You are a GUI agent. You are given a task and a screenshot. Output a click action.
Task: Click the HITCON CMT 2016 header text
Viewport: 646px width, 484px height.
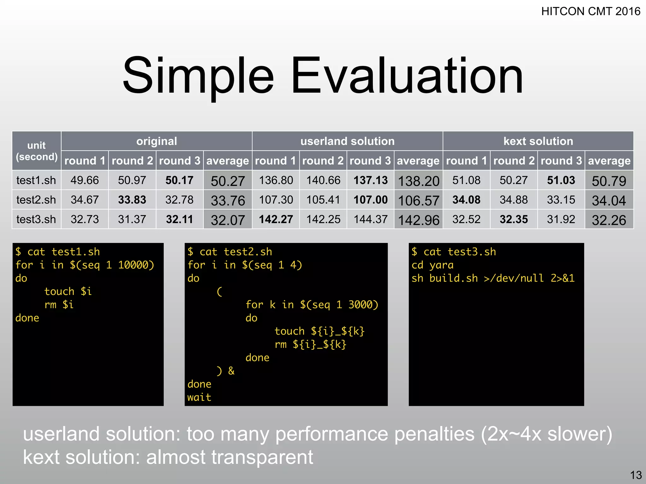tap(590, 11)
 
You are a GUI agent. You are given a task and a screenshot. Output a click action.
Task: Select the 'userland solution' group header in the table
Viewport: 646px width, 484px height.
tap(347, 141)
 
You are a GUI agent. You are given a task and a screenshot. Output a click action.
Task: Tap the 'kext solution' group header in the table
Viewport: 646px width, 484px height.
tap(538, 141)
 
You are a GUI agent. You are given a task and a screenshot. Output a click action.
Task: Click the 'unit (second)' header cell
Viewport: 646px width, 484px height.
tap(37, 151)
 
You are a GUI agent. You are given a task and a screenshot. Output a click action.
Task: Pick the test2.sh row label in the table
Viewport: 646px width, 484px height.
tap(36, 200)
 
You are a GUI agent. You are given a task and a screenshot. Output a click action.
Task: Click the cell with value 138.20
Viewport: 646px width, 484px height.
tap(418, 181)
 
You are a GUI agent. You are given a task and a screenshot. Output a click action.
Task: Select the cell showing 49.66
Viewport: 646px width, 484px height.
tap(85, 180)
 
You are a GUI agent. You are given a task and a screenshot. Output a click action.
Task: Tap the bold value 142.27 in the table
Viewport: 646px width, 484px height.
tap(276, 219)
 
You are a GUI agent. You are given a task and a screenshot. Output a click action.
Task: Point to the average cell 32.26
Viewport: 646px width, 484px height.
tap(609, 220)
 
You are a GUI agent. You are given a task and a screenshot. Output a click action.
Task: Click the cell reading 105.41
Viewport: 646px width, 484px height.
tap(323, 200)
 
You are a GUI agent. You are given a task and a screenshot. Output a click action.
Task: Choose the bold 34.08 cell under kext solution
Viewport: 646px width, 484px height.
tap(466, 200)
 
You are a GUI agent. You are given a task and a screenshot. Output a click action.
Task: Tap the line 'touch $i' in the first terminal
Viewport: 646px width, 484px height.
tap(68, 291)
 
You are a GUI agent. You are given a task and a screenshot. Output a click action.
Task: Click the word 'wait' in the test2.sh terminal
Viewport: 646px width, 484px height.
tap(199, 397)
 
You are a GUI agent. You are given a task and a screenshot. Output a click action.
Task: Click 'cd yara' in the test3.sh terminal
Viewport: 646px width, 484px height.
tap(432, 265)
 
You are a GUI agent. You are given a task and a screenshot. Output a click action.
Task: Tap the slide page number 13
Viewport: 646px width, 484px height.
tap(636, 475)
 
